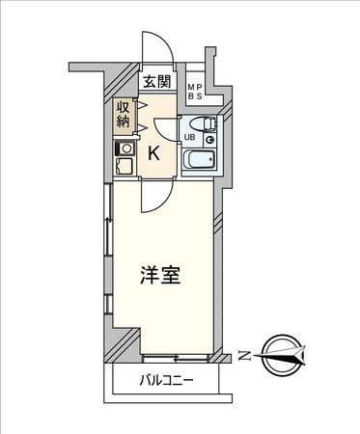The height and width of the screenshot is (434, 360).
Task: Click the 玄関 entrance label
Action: pyautogui.click(x=158, y=82)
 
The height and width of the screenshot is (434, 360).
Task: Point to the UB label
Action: pyautogui.click(x=189, y=138)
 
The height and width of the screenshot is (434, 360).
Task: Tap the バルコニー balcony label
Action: pyautogui.click(x=165, y=380)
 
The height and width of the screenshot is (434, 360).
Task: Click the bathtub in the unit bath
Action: pyautogui.click(x=201, y=160)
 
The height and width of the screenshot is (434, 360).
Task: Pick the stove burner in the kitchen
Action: pyautogui.click(x=124, y=149)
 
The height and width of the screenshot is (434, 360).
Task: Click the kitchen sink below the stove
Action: pyautogui.click(x=123, y=167)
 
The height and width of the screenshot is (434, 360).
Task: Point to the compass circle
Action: pyautogui.click(x=282, y=355)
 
